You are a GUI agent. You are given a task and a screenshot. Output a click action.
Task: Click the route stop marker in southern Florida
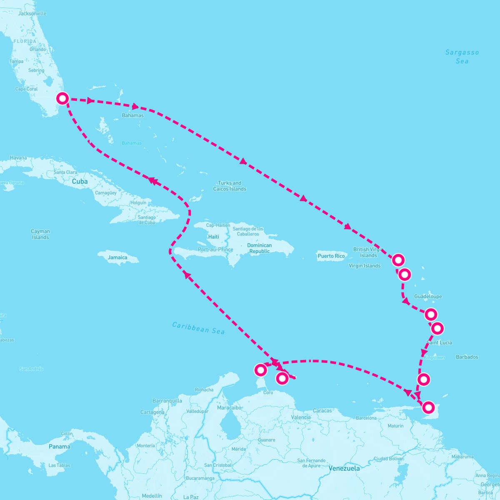(x=62, y=99)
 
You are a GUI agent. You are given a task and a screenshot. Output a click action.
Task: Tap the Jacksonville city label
(x=32, y=13)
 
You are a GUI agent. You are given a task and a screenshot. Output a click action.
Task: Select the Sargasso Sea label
(x=462, y=57)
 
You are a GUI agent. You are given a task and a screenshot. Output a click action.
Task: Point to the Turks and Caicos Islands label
(x=230, y=186)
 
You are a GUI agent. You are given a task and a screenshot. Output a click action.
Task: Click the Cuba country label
(x=80, y=182)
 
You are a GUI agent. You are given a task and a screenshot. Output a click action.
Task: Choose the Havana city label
(x=18, y=158)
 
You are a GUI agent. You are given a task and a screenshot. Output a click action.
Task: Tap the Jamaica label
(x=117, y=257)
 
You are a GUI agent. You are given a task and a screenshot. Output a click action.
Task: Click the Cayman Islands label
(x=40, y=234)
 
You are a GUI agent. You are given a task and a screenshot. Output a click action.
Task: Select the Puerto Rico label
(x=331, y=256)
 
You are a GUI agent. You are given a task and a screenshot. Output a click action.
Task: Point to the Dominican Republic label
(x=259, y=248)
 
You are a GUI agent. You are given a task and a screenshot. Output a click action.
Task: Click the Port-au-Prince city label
(x=215, y=250)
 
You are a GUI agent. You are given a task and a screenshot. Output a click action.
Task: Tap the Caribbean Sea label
(x=198, y=328)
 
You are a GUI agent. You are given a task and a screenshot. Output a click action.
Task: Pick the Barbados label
(x=467, y=357)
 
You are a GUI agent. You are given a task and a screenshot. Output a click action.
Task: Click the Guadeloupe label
(x=428, y=297)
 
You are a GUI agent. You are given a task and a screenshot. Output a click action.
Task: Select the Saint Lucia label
(x=439, y=342)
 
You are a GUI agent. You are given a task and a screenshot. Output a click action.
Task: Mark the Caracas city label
(x=322, y=411)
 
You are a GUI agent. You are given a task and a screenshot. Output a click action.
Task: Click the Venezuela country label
(x=344, y=468)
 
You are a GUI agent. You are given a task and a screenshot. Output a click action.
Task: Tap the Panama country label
(x=60, y=447)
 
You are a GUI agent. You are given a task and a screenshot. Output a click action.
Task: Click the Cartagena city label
(x=152, y=412)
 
